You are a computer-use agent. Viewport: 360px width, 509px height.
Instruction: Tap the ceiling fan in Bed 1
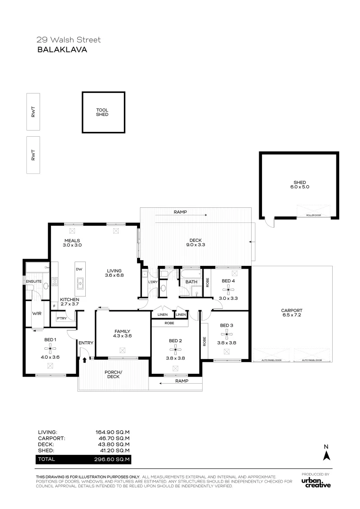coord(50,350)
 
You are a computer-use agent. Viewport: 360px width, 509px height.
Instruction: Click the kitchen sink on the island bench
coord(80,283)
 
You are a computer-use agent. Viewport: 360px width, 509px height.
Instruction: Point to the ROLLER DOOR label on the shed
coord(313,215)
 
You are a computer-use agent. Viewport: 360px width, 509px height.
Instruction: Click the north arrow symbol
coord(326,456)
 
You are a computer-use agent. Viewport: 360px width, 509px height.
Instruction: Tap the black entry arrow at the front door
coord(85,361)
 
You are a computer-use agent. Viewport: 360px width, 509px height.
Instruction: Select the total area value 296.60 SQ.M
coord(113,459)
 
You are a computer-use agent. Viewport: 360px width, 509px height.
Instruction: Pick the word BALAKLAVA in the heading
coord(62,49)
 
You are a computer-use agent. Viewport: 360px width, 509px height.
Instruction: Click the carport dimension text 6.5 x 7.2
coord(292,315)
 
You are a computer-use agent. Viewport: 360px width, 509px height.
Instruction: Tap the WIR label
coord(37,313)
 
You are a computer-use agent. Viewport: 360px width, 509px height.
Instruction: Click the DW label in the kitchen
coord(79,269)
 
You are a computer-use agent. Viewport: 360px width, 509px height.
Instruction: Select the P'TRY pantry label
coord(62,318)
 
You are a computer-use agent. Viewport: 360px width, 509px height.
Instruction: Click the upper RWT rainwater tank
coord(33,112)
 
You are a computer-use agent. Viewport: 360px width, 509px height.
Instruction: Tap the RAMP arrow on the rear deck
coord(180,215)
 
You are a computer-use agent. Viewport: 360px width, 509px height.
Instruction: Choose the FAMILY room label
coord(123,331)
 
